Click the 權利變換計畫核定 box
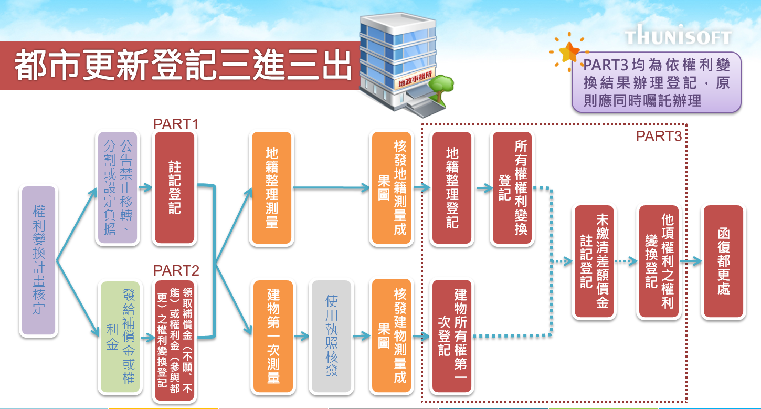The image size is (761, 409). click(x=38, y=261)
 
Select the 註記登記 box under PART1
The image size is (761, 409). click(x=175, y=188)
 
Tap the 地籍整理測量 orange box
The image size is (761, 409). click(x=272, y=188)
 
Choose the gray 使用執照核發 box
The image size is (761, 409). click(x=331, y=337)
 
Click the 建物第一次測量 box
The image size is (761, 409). click(x=273, y=337)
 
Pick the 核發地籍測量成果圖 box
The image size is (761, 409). click(x=392, y=188)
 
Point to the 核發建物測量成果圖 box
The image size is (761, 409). click(x=392, y=337)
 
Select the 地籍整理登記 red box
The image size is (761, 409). click(x=451, y=188)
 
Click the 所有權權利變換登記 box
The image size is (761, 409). click(x=512, y=188)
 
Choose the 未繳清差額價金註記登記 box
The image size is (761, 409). click(x=595, y=261)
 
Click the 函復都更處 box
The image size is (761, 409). click(x=723, y=261)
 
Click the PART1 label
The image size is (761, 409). click(x=175, y=124)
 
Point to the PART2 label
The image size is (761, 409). click(x=176, y=271)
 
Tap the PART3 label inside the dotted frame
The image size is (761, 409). click(x=659, y=137)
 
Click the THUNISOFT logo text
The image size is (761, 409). click(x=678, y=37)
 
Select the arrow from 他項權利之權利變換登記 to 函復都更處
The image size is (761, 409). click(x=690, y=261)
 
